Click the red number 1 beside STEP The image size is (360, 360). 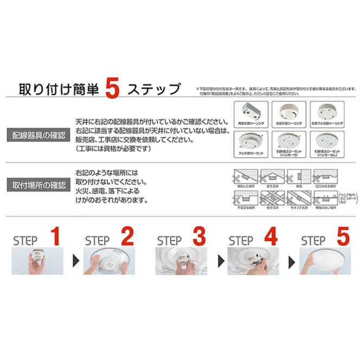55,237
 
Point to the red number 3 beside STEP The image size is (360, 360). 199,237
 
